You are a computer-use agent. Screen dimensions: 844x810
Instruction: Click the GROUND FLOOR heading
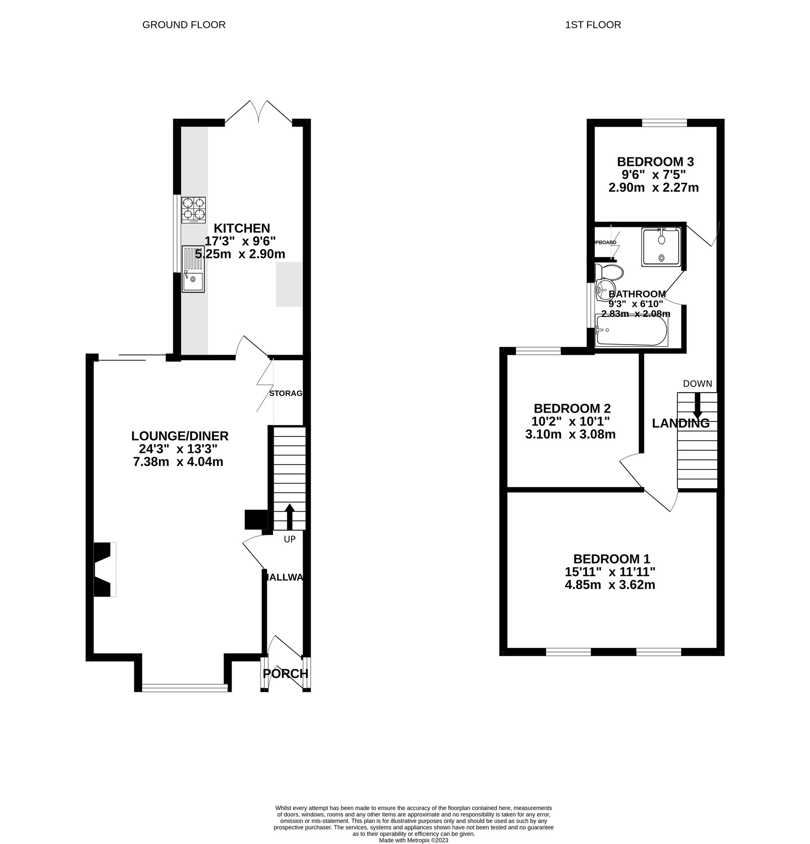tap(183, 25)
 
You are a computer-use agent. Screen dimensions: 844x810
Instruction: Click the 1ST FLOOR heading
tap(593, 25)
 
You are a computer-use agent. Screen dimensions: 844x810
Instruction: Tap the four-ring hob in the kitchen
tap(194, 210)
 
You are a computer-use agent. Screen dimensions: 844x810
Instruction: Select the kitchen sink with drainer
tap(193, 269)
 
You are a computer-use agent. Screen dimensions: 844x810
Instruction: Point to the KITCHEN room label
tap(242, 228)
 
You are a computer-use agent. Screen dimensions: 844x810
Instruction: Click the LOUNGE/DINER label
tap(180, 436)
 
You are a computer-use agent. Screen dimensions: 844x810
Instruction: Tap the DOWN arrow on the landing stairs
tap(697, 407)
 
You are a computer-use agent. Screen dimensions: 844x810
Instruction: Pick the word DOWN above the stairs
tap(697, 384)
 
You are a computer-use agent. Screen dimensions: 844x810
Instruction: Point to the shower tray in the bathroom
tap(661, 247)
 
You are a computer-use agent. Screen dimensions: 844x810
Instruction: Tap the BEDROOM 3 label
tap(655, 162)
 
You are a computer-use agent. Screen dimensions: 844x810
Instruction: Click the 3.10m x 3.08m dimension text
tap(570, 434)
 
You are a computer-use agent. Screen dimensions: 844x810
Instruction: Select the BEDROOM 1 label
tap(611, 559)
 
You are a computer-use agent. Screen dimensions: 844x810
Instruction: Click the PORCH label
tap(286, 674)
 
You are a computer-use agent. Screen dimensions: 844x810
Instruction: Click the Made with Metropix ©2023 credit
tap(413, 840)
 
